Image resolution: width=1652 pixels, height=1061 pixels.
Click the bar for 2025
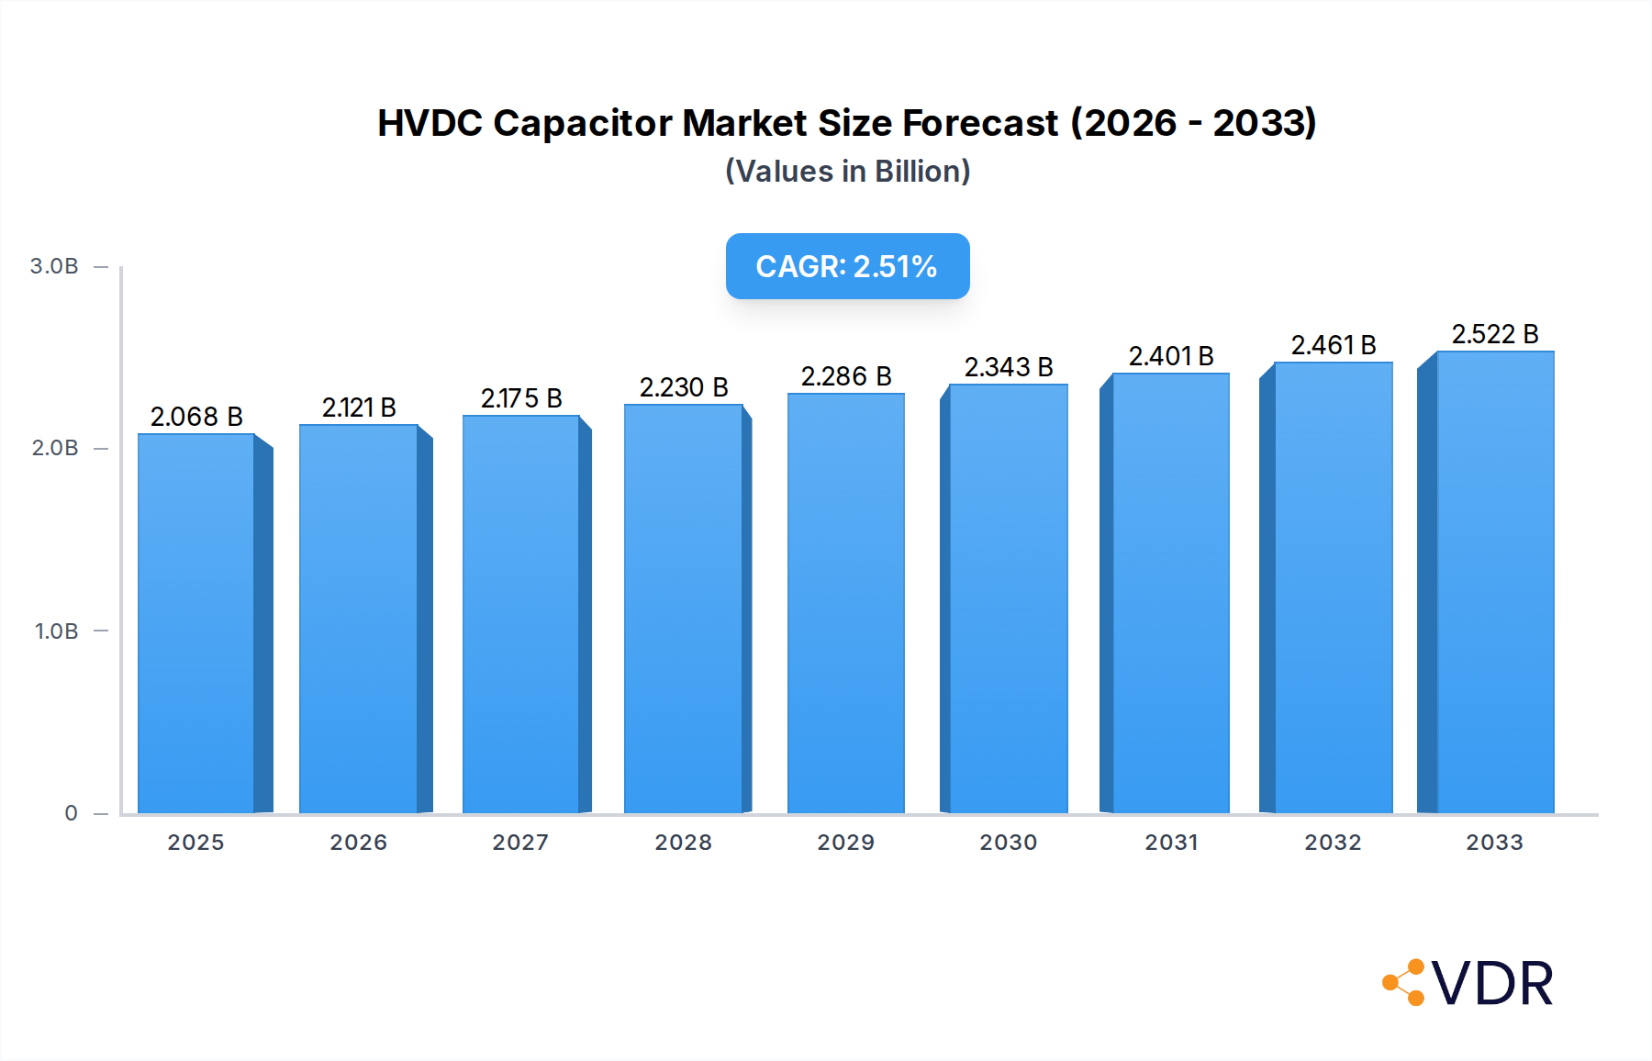tap(196, 623)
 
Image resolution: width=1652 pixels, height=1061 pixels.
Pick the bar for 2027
tap(520, 614)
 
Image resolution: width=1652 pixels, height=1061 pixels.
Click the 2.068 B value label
tap(196, 417)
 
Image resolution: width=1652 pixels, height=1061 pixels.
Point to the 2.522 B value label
tap(1494, 334)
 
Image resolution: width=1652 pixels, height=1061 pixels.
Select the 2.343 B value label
tap(1008, 367)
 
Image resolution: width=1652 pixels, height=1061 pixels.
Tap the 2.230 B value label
tap(684, 387)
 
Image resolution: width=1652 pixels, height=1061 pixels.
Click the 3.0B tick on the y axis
tap(54, 266)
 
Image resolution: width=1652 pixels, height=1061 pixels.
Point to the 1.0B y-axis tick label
tap(56, 631)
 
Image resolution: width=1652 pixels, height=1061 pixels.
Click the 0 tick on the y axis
tap(71, 813)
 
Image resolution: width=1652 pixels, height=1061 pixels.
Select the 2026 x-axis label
tap(358, 843)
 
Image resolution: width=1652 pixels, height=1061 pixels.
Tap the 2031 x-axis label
tap(1171, 843)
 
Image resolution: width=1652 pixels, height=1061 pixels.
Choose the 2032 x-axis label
tap(1333, 843)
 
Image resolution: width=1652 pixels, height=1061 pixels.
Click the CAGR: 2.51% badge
tap(847, 266)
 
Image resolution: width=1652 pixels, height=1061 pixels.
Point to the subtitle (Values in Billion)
tap(847, 172)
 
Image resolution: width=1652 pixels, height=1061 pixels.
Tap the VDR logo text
tap(1491, 984)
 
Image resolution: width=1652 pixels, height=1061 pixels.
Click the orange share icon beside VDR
tap(1404, 982)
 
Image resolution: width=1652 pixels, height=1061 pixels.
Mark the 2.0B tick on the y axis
tap(55, 448)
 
